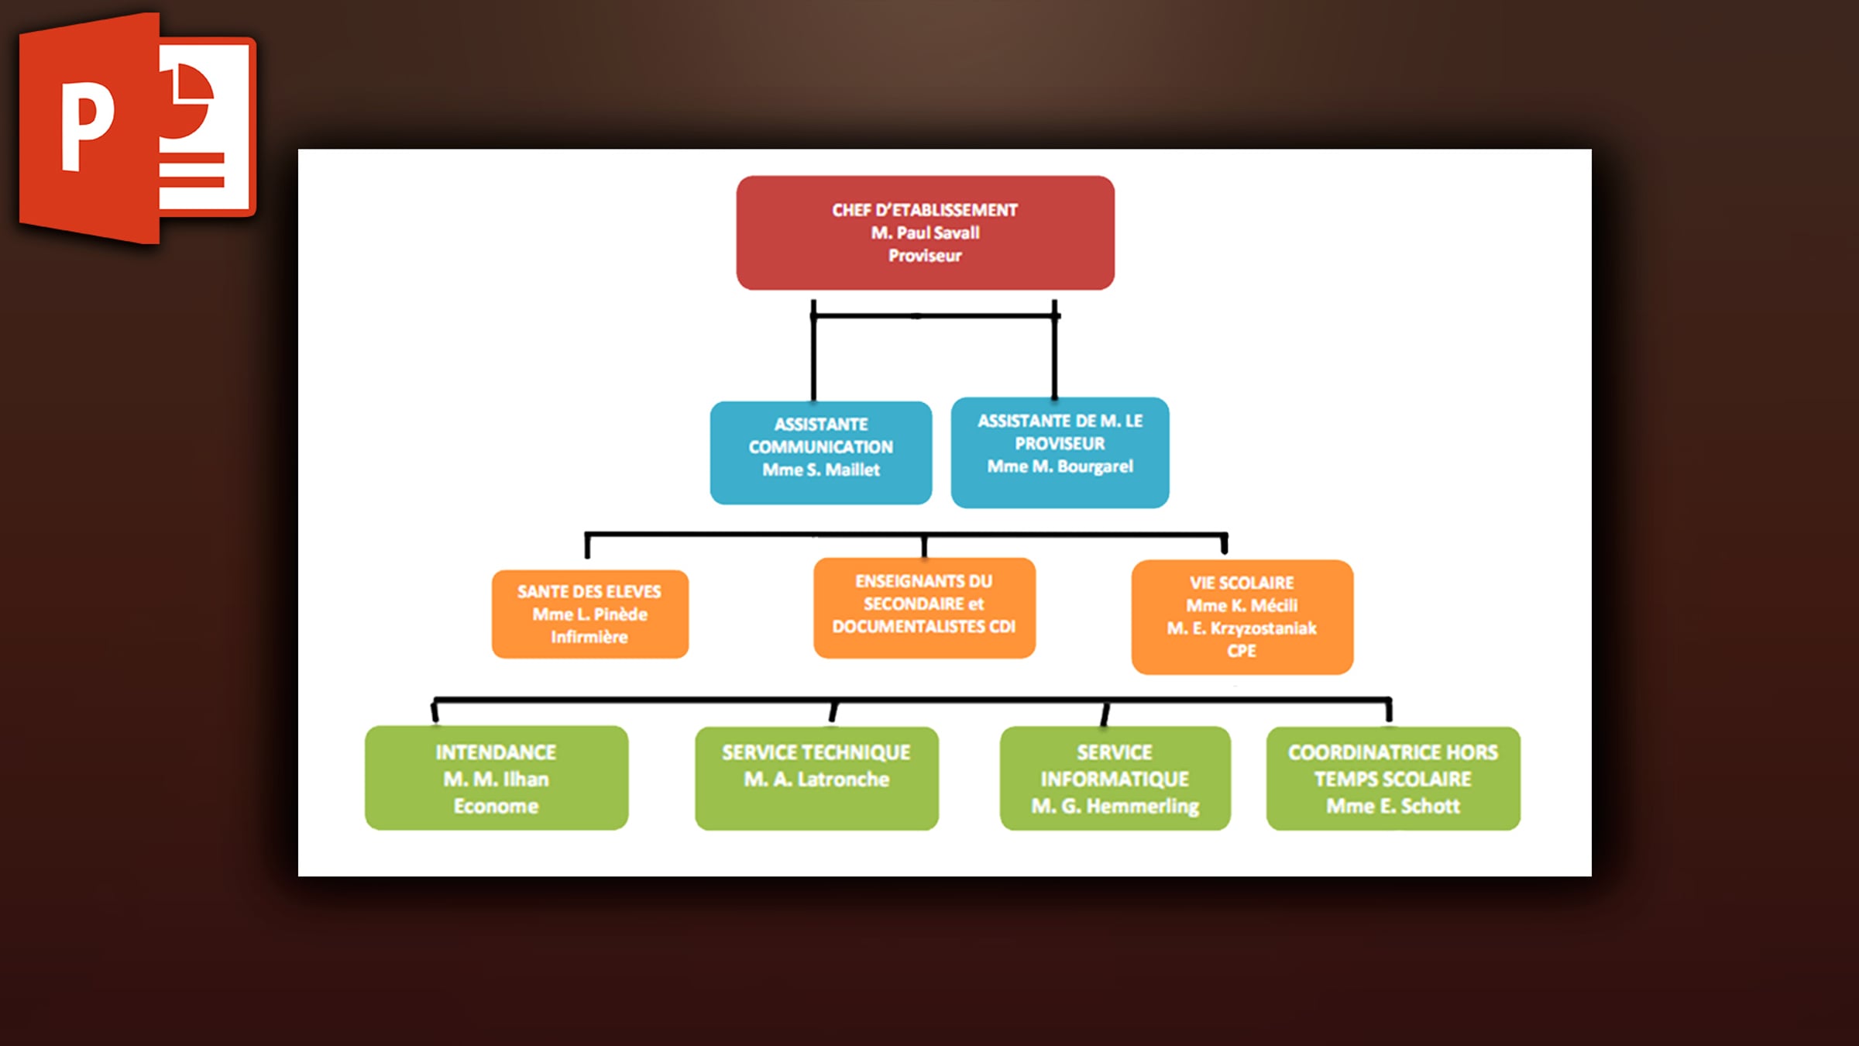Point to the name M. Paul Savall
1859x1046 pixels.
pos(925,232)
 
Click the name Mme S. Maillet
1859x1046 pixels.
pos(821,470)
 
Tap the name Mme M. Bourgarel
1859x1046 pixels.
pos(1060,466)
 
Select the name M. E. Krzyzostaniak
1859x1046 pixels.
pos(1242,628)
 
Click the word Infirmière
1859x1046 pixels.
pos(589,637)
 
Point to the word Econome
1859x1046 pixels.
pos(496,806)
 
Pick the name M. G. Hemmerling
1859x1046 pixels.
pos(1115,806)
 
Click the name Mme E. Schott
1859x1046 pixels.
pos(1393,806)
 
